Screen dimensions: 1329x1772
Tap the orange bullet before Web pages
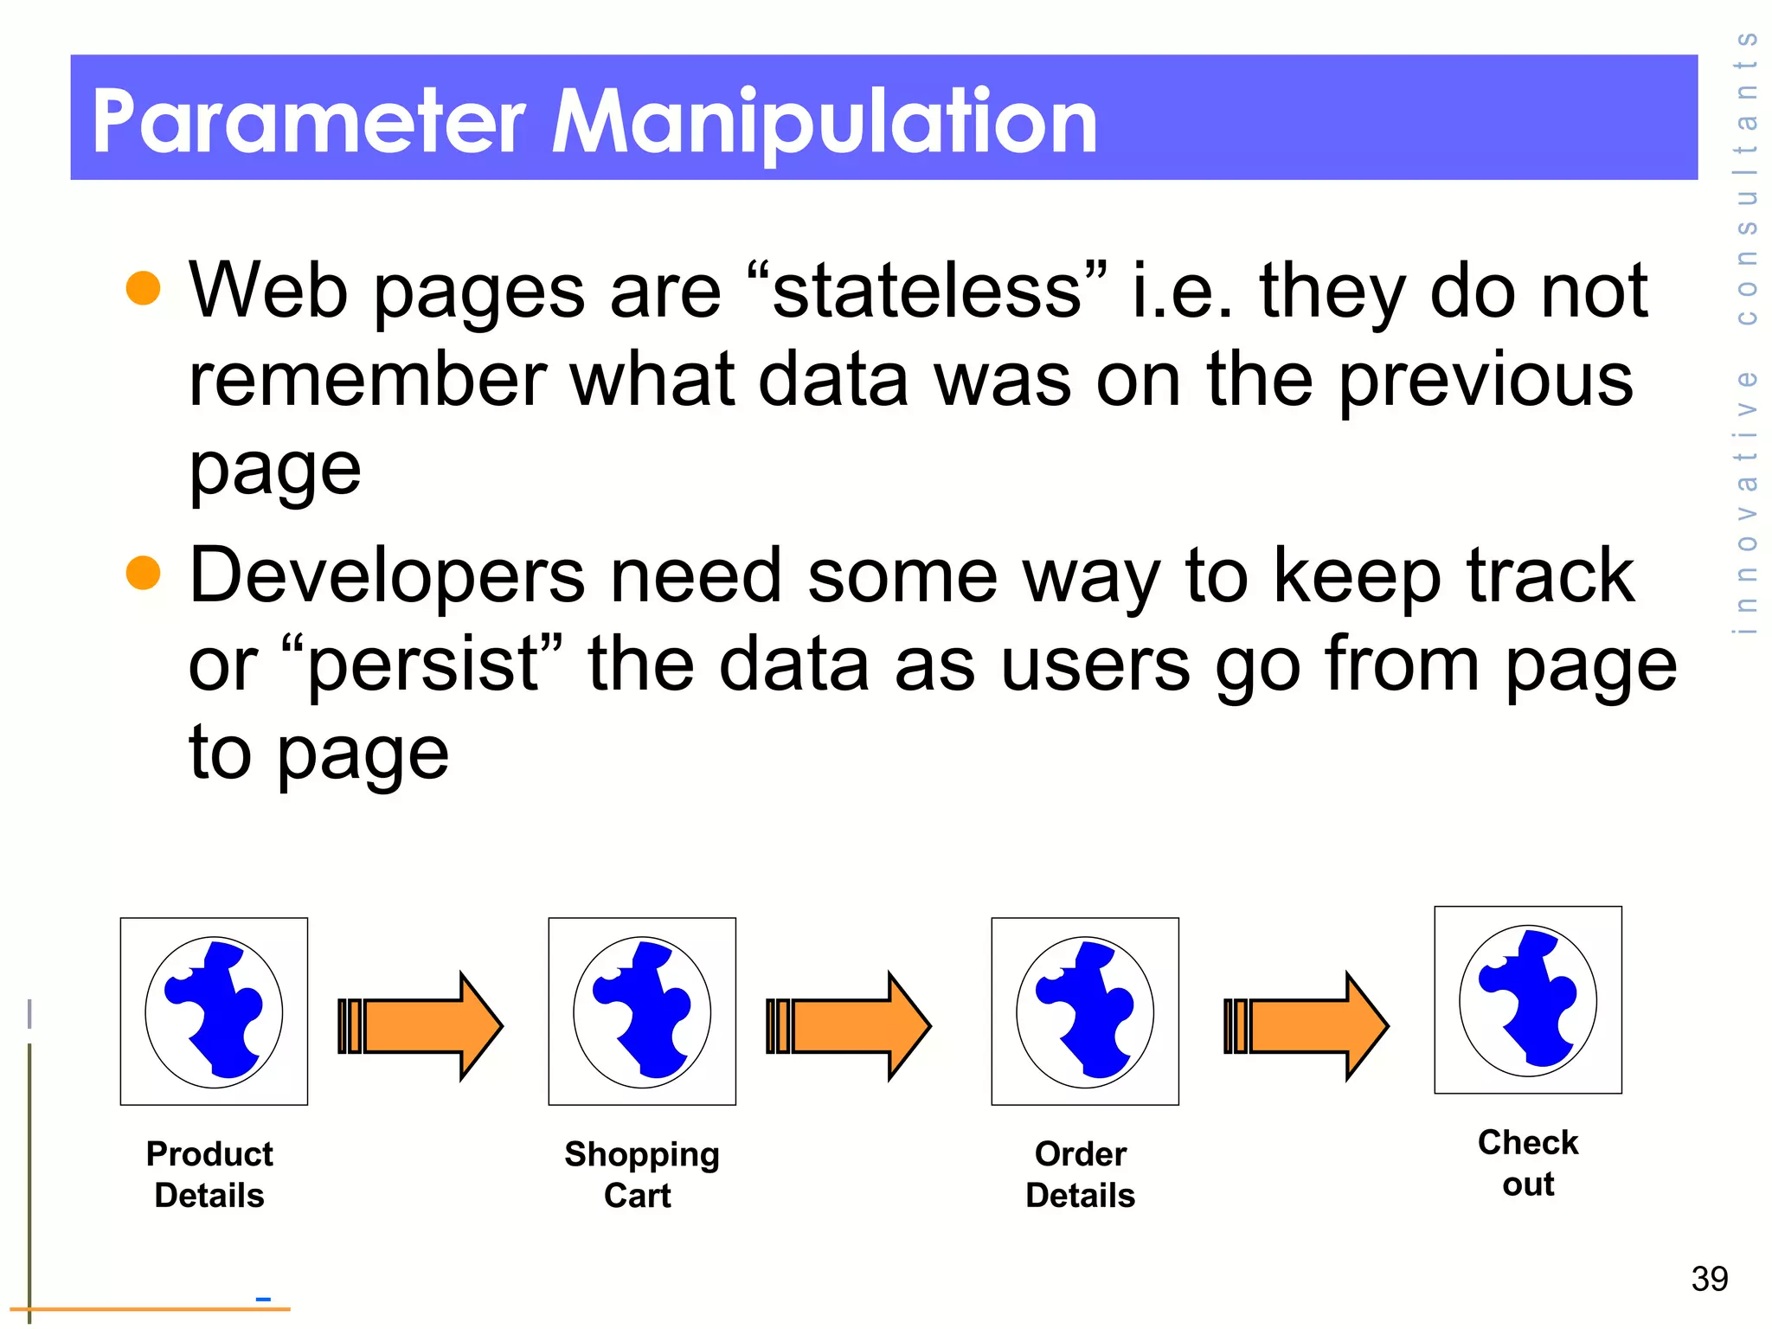pos(143,288)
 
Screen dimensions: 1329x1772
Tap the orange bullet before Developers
pos(143,573)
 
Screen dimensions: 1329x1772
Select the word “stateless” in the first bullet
pos(926,291)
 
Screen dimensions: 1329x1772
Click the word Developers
pos(387,576)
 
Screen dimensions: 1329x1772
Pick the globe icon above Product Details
pos(214,1011)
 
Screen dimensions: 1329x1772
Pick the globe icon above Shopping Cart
pos(642,1011)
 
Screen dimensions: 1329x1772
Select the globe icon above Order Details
pos(1085,1011)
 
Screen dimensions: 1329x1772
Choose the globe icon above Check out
pos(1528,1000)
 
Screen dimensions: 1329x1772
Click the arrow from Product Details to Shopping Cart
pos(421,1025)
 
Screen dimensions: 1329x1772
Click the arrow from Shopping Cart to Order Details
pos(849,1025)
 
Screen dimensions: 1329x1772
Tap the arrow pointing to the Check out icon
pos(1307,1025)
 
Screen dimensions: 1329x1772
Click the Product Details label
pos(209,1174)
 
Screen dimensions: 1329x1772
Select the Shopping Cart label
pos(641,1174)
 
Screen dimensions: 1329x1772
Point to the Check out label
pos(1528,1163)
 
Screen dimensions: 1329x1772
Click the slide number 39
pos(1709,1279)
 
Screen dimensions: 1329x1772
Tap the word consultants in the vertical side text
pos(1747,177)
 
